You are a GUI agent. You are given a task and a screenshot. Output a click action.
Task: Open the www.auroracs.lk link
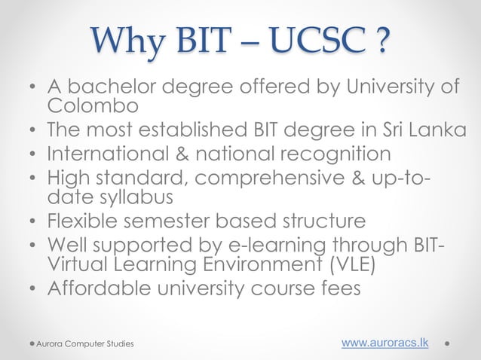(385, 343)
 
